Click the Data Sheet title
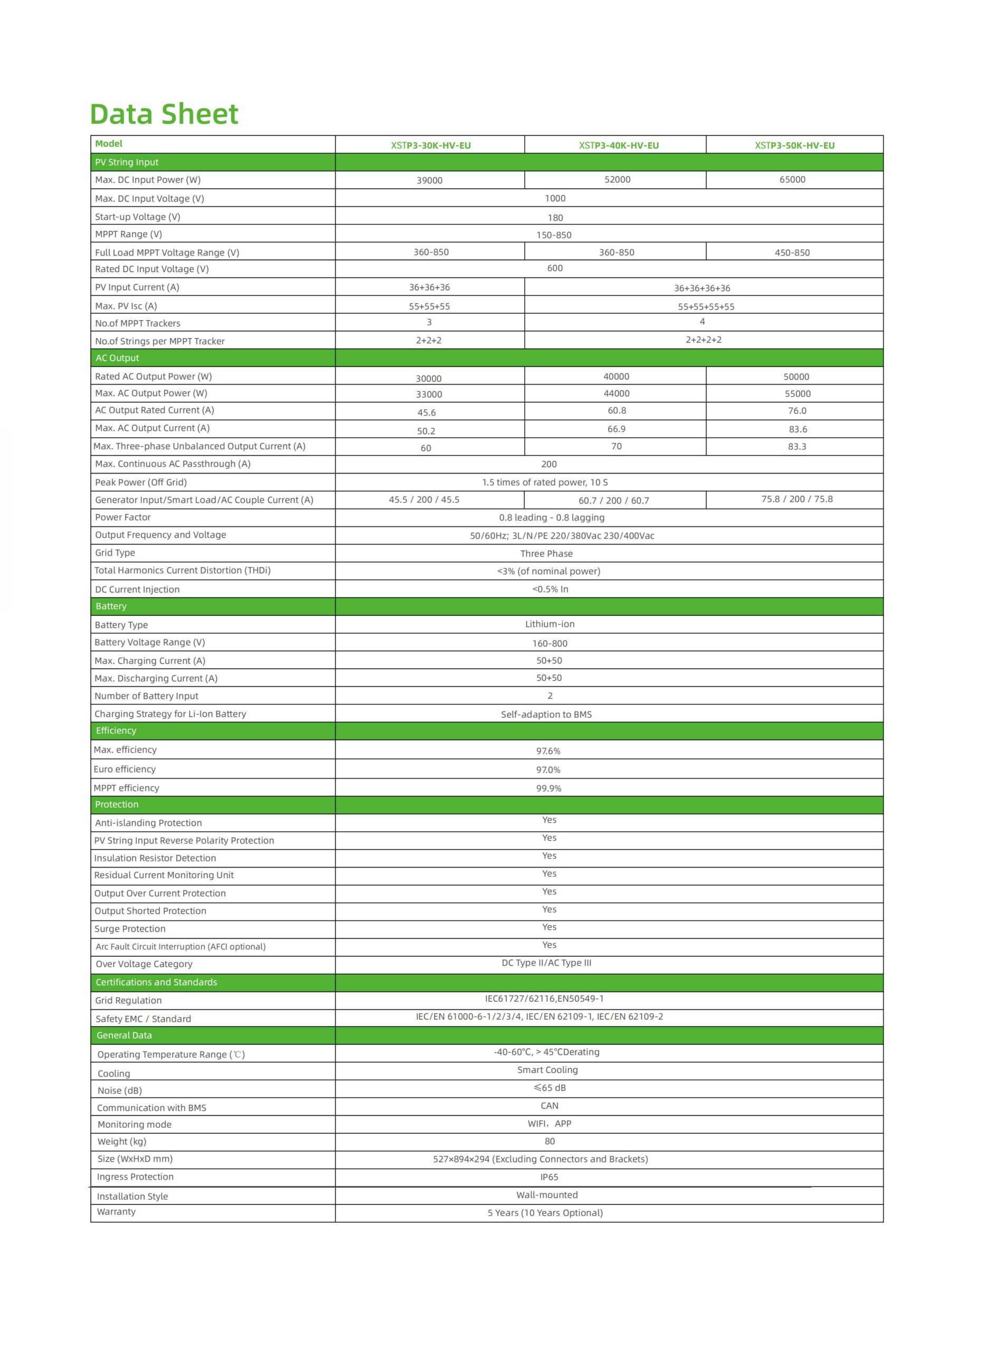pos(164,114)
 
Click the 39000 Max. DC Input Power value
pos(429,181)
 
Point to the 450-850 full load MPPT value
pos(792,253)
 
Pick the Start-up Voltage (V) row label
pos(138,217)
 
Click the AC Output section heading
pos(117,358)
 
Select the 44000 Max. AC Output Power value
pos(616,393)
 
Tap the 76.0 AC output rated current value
pos(796,410)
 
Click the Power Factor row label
pos(122,518)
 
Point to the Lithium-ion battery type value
pos(549,624)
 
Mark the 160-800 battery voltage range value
pos(549,644)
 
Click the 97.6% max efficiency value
pos(548,751)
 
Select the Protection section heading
pos(117,805)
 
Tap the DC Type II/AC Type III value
pos(546,963)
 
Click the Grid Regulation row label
pos(128,1001)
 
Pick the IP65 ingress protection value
pos(549,1177)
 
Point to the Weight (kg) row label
pos(122,1141)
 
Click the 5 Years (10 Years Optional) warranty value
pos(545,1213)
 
